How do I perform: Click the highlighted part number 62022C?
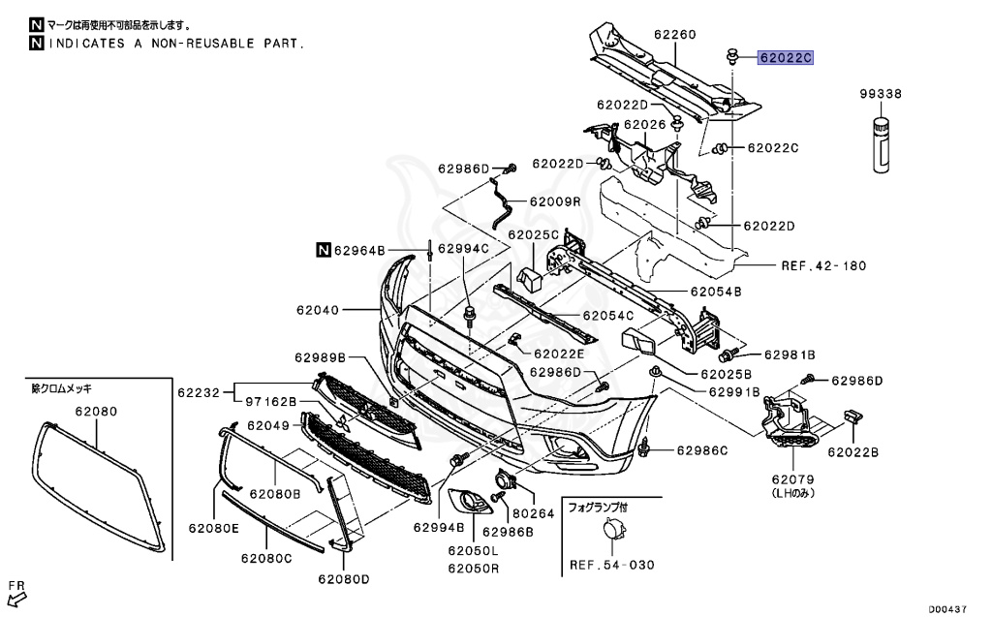point(786,58)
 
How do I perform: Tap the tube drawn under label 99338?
point(882,145)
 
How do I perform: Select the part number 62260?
point(675,34)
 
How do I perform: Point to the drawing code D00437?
point(947,609)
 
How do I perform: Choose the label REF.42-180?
point(823,265)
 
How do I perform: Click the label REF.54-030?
point(612,565)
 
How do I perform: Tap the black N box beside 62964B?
point(324,250)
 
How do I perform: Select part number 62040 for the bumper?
point(318,310)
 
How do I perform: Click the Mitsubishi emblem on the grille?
point(344,424)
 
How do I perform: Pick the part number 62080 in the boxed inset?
point(96,412)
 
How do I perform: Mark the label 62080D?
point(344,579)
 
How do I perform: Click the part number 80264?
point(534,513)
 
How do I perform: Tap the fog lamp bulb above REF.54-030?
point(612,529)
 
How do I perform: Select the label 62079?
point(792,479)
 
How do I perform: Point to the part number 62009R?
point(555,201)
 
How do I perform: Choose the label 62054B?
point(716,292)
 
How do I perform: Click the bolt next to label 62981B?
point(728,355)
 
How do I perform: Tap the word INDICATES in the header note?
point(86,44)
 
